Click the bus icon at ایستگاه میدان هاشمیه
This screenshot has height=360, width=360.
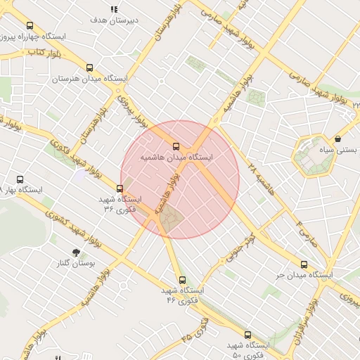point(176,146)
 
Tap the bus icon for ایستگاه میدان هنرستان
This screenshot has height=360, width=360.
point(89,68)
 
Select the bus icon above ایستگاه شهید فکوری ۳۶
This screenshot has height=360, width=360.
point(120,188)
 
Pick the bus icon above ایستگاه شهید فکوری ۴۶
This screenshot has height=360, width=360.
point(182,279)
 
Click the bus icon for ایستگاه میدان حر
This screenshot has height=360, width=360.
point(304,264)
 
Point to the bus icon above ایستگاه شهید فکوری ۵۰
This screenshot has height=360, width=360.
point(247,335)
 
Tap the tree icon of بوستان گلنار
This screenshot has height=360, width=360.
point(75,252)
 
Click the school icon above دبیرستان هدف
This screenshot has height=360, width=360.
point(114,9)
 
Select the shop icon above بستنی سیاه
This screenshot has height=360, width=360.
point(340,139)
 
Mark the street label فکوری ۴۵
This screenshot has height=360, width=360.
point(195,328)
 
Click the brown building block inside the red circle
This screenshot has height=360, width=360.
point(170,221)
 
